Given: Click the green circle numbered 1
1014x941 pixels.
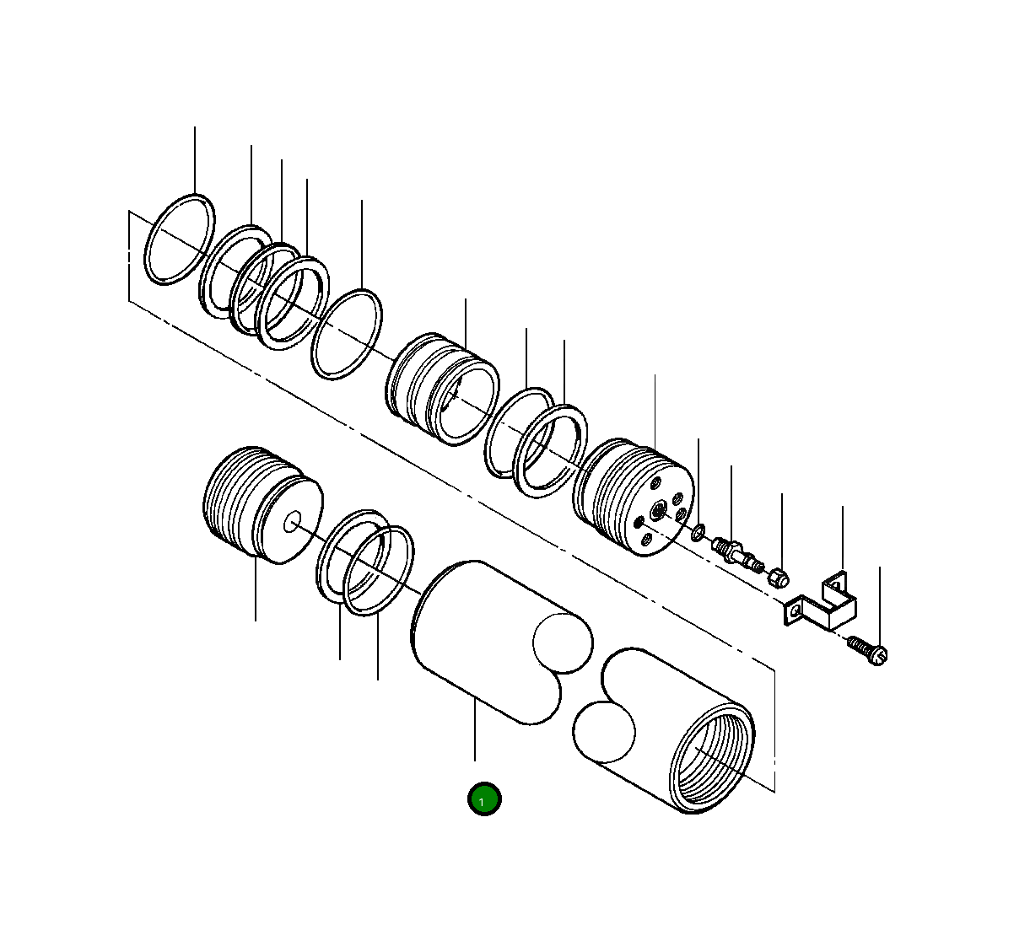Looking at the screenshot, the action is coord(484,799).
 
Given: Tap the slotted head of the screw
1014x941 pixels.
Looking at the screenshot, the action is coord(879,655).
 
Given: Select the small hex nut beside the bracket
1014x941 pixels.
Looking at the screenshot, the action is coord(778,578).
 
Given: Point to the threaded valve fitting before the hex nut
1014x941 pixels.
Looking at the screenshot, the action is coord(737,553).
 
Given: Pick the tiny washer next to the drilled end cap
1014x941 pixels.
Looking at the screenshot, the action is coord(698,533).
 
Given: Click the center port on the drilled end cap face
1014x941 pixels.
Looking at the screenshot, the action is coord(658,509).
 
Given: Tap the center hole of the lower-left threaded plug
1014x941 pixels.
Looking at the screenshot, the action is coord(292,522).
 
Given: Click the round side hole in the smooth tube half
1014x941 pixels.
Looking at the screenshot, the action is coord(563,643).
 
